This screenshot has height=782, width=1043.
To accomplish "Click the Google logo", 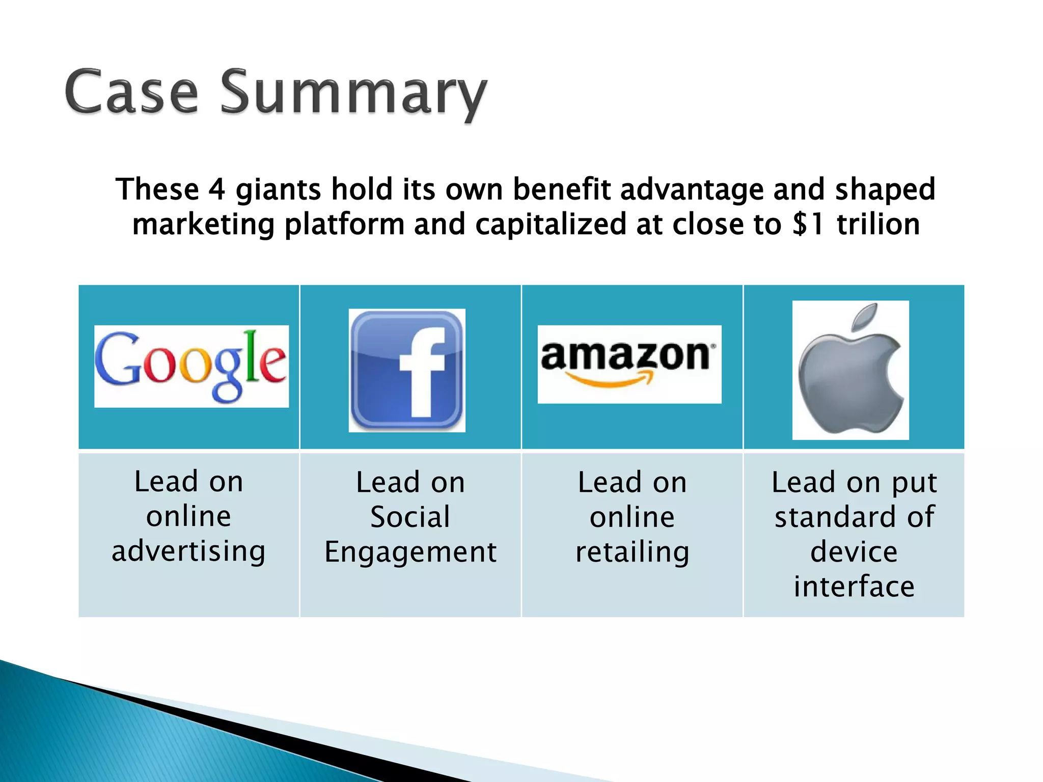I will (191, 366).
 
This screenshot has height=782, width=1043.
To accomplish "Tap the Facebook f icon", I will (407, 370).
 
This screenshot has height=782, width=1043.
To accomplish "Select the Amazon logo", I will (629, 364).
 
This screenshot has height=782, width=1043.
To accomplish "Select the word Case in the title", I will (131, 93).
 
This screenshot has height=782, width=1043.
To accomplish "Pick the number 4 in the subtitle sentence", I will (217, 189).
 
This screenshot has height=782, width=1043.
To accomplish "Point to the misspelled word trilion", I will (879, 225).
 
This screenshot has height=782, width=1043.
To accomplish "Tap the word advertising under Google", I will (188, 551).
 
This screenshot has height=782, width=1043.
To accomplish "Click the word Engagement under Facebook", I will (410, 552).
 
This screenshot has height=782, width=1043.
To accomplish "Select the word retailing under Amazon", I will (633, 552).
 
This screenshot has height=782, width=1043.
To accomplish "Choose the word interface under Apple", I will (854, 586).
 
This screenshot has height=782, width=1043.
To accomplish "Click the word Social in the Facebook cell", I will (410, 517).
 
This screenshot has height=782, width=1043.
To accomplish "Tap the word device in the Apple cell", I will (854, 552).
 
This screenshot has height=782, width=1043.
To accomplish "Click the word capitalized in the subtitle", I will (551, 225).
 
